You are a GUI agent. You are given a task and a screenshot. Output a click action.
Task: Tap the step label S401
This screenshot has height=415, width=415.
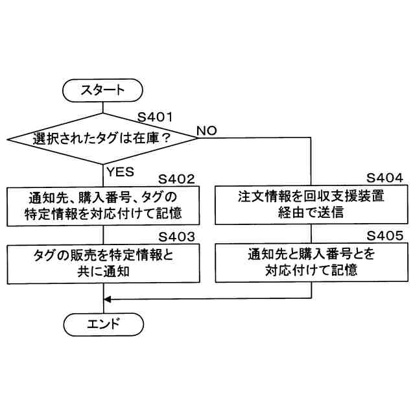(x=156, y=117)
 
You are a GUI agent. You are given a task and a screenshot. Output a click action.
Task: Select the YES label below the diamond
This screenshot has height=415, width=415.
(x=120, y=172)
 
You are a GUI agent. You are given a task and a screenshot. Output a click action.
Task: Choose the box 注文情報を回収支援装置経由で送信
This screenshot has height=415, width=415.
(x=311, y=205)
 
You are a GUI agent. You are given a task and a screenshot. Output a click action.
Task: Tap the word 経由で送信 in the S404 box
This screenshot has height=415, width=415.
(x=311, y=213)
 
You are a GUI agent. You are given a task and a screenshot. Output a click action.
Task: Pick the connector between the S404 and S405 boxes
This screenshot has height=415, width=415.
(x=311, y=233)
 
